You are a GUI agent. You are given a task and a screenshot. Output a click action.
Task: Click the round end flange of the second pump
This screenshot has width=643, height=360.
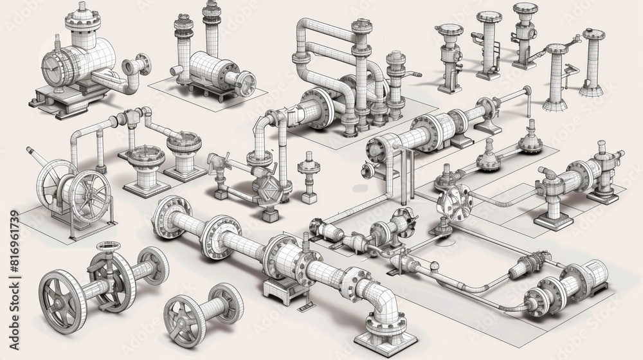[245, 84]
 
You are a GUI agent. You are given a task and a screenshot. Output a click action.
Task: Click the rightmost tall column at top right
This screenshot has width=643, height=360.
[592, 61]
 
